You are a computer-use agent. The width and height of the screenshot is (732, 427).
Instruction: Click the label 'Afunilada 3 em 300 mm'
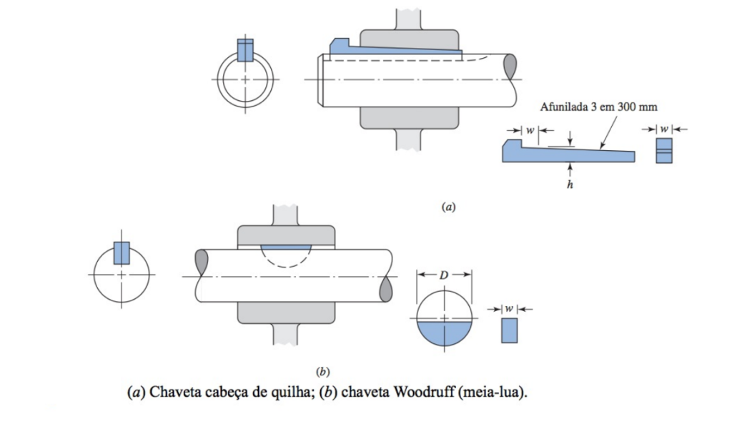pyautogui.click(x=598, y=107)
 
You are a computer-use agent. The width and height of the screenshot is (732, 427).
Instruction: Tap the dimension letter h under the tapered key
pyautogui.click(x=570, y=185)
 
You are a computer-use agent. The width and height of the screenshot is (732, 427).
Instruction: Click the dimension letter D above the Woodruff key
pyautogui.click(x=443, y=275)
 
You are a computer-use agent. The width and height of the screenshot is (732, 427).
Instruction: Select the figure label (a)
pyautogui.click(x=448, y=207)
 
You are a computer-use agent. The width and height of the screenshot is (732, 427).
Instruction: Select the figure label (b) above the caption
pyautogui.click(x=322, y=372)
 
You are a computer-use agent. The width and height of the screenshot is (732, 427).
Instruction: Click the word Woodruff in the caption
pyautogui.click(x=424, y=391)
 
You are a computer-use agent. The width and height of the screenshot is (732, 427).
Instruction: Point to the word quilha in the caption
pyautogui.click(x=290, y=392)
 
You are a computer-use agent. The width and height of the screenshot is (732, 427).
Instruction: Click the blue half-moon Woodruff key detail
pyautogui.click(x=444, y=332)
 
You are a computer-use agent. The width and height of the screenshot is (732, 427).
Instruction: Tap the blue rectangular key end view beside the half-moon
pyautogui.click(x=509, y=330)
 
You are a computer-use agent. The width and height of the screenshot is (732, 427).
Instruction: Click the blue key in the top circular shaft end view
pyautogui.click(x=245, y=51)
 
